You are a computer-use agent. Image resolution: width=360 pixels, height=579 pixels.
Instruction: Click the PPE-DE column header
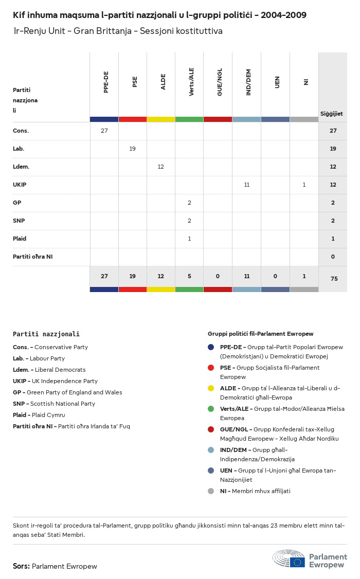coord(106,82)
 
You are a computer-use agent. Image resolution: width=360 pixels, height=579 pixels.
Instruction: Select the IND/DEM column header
coord(249,82)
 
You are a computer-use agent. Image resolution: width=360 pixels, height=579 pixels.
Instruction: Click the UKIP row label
coord(20,185)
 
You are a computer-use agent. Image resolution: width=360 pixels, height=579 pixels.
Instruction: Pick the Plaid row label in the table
coord(20,239)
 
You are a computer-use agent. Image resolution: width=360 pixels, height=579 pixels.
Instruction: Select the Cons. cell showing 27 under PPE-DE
coord(104,131)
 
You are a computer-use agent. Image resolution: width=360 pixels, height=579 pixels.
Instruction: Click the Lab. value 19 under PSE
coord(133,149)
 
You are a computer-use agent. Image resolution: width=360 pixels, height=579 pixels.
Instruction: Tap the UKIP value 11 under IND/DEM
coord(247,185)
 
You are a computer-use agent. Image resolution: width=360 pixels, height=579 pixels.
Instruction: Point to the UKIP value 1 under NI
coord(304,185)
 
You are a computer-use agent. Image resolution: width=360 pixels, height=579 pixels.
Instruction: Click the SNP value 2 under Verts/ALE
coord(189,221)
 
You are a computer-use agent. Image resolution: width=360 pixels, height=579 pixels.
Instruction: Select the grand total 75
coord(333,278)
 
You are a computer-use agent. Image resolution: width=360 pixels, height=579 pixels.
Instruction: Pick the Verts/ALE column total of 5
coord(189,276)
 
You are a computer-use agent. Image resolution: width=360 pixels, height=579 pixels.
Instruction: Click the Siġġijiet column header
coord(332,114)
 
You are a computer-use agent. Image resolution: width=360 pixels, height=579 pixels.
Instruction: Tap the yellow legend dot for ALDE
coord(211,388)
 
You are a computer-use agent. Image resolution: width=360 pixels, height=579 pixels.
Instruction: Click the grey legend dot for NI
coord(211,491)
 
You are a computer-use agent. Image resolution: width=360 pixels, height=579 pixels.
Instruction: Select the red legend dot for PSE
coord(211,368)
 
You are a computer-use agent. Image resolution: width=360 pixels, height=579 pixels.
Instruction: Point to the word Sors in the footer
coord(21,566)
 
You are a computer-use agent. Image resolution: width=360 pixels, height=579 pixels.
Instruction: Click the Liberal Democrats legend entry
coord(49,370)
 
